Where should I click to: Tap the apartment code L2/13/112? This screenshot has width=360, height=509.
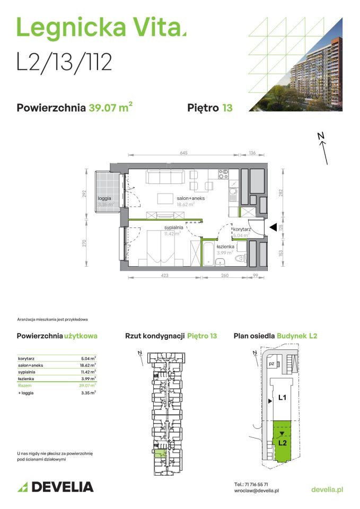(x=64, y=62)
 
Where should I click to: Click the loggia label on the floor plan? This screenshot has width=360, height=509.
(x=104, y=198)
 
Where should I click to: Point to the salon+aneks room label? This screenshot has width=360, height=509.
(x=190, y=198)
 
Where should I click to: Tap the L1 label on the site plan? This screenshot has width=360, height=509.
(x=283, y=397)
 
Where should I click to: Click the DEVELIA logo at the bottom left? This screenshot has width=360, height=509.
(x=56, y=487)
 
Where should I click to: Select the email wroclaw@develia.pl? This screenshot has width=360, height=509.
(x=257, y=492)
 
